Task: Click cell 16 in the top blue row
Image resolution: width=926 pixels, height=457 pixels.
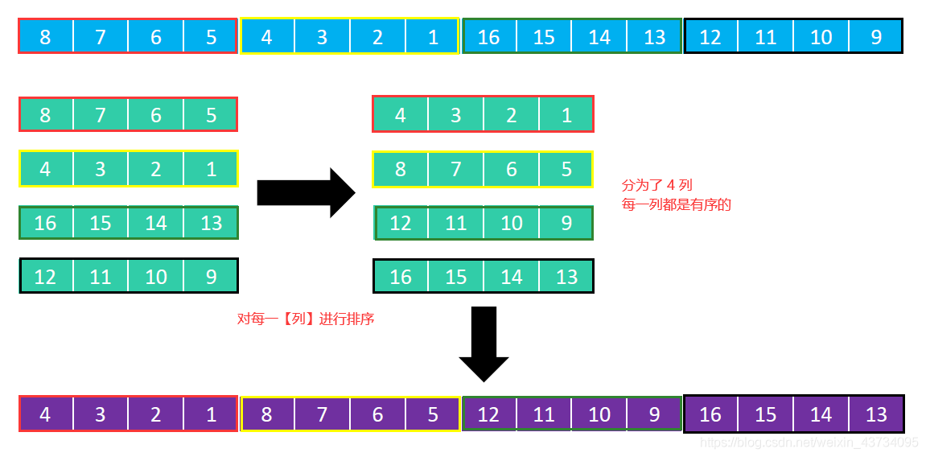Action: pos(489,37)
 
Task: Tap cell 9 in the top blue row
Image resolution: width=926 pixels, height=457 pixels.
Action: pos(876,37)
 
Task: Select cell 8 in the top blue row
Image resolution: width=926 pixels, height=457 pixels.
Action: pos(45,37)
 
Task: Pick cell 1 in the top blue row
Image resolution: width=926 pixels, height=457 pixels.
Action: pos(433,37)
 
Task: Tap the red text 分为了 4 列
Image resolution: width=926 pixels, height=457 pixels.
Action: pos(657,185)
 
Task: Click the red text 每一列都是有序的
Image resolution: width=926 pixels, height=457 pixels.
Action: pos(677,204)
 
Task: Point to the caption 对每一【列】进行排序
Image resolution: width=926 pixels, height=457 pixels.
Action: pos(306,319)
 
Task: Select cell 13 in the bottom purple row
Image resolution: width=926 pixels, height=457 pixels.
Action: pos(876,414)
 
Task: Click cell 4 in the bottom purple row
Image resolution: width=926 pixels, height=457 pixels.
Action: pos(45,414)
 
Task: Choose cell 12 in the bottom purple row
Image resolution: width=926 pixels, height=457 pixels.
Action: pos(488,414)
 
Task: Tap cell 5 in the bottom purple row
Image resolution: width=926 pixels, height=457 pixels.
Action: pos(433,414)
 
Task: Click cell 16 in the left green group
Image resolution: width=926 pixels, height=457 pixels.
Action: pos(45,223)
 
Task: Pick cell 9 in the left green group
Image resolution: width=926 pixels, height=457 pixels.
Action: pos(211,277)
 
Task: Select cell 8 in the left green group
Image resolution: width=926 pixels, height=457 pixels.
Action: pos(45,114)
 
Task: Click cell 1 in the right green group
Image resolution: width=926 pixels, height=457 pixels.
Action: pos(566,114)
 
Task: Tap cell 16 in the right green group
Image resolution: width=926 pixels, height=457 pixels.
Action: pos(400,277)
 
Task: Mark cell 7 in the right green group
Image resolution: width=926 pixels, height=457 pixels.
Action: pos(455,169)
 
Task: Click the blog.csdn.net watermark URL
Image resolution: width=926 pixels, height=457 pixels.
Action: pos(809,443)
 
